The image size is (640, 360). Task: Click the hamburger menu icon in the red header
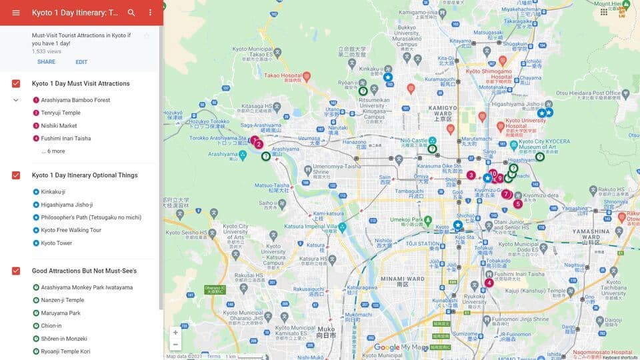pyautogui.click(x=16, y=13)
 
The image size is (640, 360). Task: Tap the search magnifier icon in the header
pyautogui.click(x=131, y=13)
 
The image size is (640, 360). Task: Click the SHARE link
pyautogui.click(x=46, y=62)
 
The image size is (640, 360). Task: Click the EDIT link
pyautogui.click(x=81, y=62)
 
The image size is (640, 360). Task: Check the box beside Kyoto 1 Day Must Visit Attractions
pyautogui.click(x=16, y=84)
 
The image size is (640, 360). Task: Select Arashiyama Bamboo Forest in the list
pyautogui.click(x=75, y=100)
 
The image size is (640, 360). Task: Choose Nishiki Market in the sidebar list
pyautogui.click(x=59, y=125)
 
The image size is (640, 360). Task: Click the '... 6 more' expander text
pyautogui.click(x=53, y=151)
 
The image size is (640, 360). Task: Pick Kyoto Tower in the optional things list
pyautogui.click(x=56, y=243)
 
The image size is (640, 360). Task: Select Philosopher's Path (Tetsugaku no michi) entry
pyautogui.click(x=91, y=217)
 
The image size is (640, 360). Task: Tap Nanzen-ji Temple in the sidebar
pyautogui.click(x=62, y=301)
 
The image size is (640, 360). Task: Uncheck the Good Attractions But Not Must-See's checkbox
pyautogui.click(x=16, y=271)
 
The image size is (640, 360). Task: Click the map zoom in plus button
pyautogui.click(x=175, y=332)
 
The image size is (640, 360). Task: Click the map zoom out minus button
pyautogui.click(x=175, y=345)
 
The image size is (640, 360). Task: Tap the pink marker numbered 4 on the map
pyautogui.click(x=489, y=283)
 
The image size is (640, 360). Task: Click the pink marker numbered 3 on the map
pyautogui.click(x=471, y=175)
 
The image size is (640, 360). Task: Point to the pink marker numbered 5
pyautogui.click(x=517, y=203)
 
